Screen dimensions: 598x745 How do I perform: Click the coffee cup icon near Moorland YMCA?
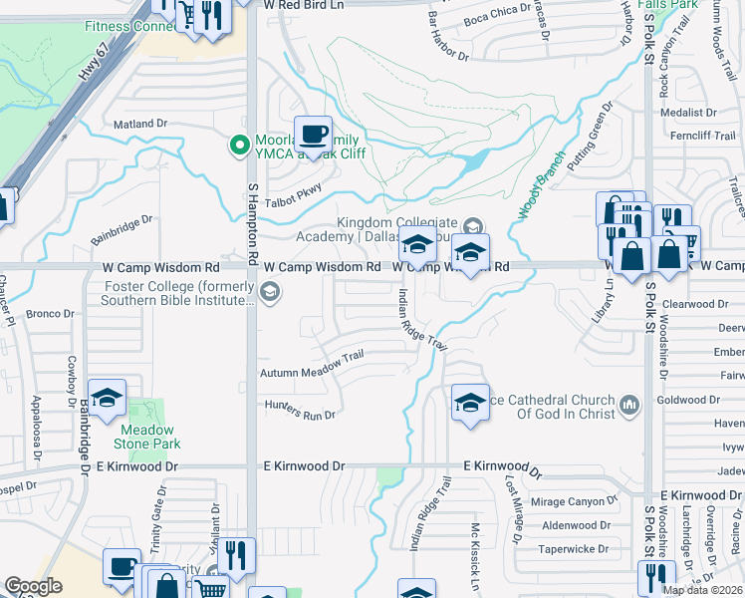(313, 134)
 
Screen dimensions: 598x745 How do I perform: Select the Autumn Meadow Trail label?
(312, 364)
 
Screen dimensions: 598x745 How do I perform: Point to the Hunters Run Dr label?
(300, 409)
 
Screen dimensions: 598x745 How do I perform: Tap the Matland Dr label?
(140, 124)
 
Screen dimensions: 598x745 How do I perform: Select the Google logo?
(33, 586)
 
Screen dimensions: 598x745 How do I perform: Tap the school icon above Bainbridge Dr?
(108, 399)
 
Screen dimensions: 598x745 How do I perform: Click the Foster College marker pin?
(269, 292)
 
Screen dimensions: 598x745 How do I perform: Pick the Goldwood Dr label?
(708, 400)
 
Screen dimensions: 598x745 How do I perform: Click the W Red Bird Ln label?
(303, 5)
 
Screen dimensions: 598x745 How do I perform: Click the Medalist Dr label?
(696, 113)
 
